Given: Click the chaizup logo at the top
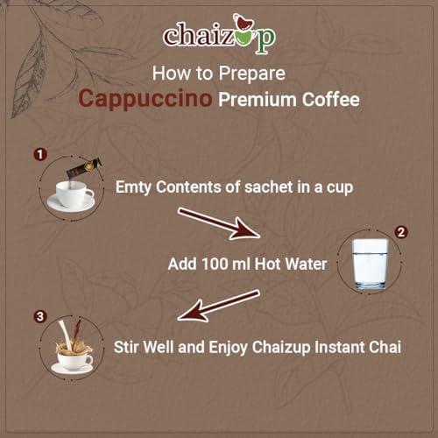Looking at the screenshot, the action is pyautogui.click(x=219, y=34).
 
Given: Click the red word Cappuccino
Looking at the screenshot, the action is pyautogui.click(x=145, y=99).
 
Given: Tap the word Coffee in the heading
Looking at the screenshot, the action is pyautogui.click(x=330, y=100).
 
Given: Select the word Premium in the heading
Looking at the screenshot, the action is pyautogui.click(x=258, y=100).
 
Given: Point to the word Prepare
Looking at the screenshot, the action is pyautogui.click(x=252, y=74).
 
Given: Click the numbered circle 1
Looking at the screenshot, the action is pyautogui.click(x=40, y=154).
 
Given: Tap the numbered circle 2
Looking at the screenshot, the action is pyautogui.click(x=401, y=232).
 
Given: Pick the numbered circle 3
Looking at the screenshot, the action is pyautogui.click(x=40, y=316).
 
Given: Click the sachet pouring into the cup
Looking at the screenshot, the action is pyautogui.click(x=84, y=168).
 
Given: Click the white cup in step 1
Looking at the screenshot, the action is pyautogui.click(x=71, y=195).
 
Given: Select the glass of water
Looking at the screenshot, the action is pyautogui.click(x=370, y=264).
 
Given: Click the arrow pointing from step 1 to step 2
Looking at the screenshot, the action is pyautogui.click(x=219, y=224).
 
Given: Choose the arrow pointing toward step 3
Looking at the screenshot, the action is pyautogui.click(x=218, y=306).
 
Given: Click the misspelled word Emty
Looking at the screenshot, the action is pyautogui.click(x=133, y=187).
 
